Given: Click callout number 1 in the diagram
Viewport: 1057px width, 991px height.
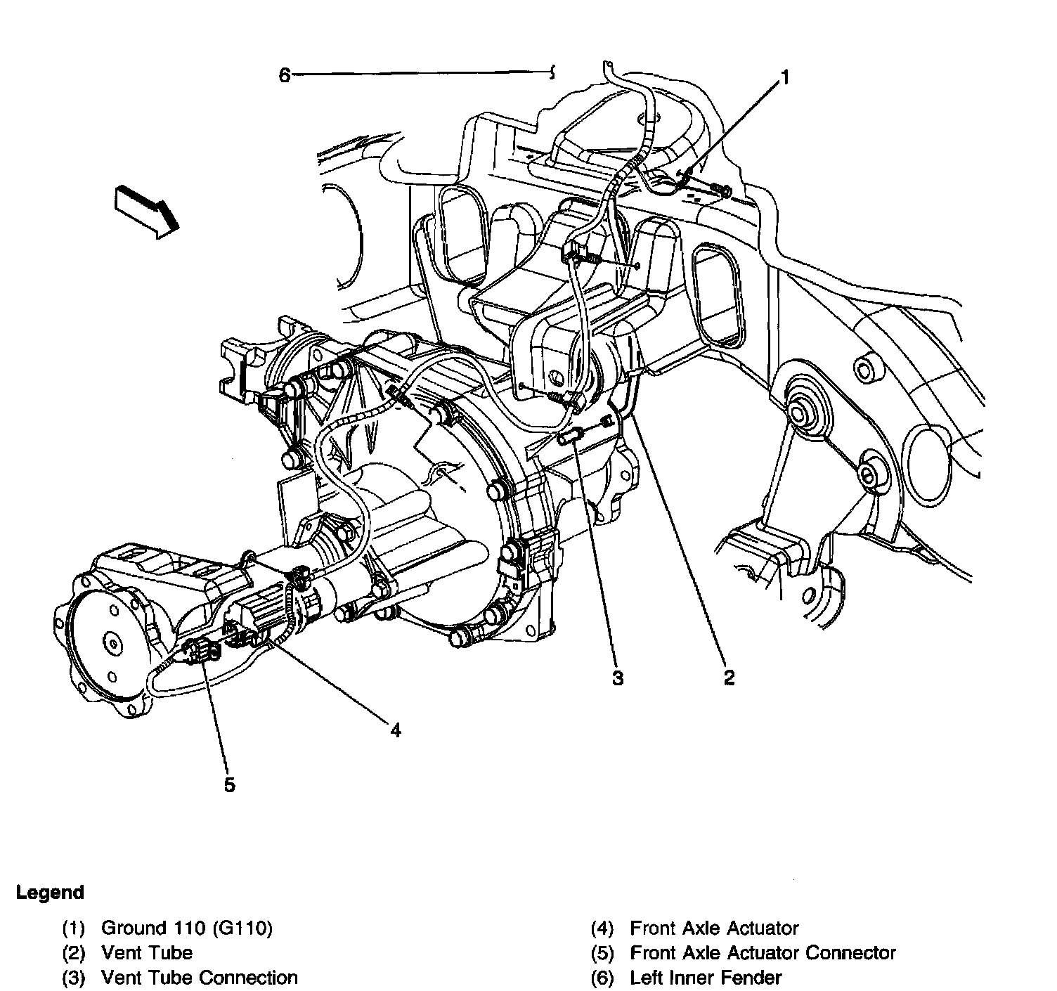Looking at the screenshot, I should (785, 77).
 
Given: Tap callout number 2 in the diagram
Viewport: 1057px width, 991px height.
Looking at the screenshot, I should (729, 678).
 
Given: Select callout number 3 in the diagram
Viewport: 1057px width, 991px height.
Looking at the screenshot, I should (617, 678).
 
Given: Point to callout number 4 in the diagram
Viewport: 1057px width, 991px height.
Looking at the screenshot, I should (396, 731).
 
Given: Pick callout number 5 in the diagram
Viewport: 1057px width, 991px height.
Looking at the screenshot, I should (230, 784).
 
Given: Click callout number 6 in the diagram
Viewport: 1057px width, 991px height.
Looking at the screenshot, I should (284, 75).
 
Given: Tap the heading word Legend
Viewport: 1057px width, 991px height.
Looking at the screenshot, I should (50, 893).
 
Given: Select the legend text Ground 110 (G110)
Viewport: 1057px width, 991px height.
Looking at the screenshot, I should (186, 928).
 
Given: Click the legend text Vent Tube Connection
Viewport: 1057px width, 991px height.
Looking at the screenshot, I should (200, 977).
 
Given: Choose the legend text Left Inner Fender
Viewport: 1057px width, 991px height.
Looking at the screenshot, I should (706, 977).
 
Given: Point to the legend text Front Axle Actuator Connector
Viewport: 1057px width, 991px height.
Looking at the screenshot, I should (763, 953).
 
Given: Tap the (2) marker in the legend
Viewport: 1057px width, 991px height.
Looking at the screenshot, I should (74, 953).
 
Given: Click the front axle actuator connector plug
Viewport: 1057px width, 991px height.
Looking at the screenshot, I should (200, 652).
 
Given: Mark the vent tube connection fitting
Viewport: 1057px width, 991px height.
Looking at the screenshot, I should (569, 437).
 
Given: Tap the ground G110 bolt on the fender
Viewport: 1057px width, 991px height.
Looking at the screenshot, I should (722, 188).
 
